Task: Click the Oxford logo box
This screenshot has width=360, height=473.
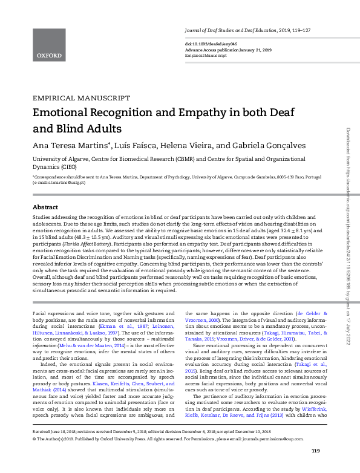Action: click(x=49, y=44)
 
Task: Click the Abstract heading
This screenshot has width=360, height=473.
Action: click(x=45, y=206)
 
